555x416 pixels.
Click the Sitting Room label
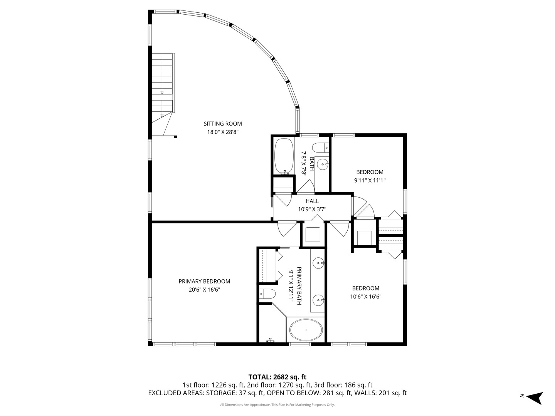223,124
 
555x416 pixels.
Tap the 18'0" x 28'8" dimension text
223,132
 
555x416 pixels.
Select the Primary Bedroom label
204,282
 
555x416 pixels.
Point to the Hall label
312,201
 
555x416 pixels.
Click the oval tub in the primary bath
306,330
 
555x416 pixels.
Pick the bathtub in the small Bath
284,157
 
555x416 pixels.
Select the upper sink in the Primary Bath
318,263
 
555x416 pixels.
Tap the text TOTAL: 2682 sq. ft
277,377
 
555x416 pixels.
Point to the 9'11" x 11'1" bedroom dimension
370,180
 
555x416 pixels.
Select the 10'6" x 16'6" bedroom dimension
366,297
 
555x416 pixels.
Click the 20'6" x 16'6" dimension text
204,290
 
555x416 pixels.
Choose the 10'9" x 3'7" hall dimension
312,210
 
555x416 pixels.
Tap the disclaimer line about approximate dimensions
277,405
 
